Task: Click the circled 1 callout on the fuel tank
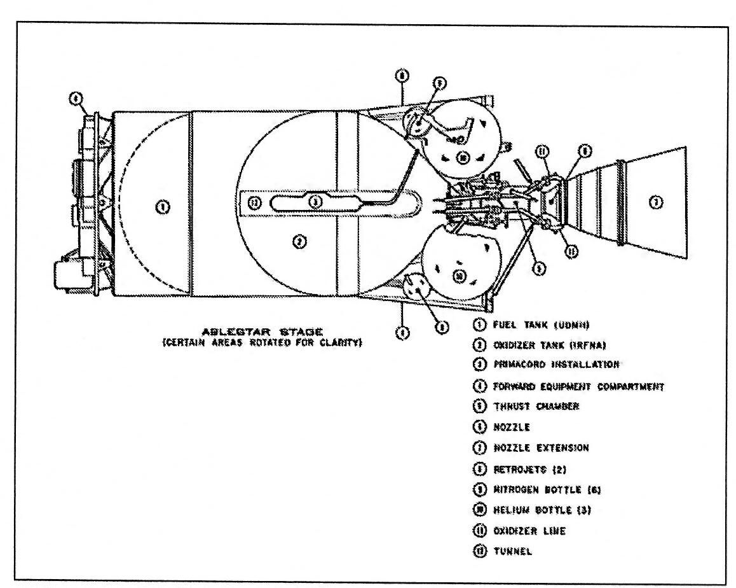(163, 206)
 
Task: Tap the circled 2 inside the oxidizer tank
(297, 242)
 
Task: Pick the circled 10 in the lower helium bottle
(459, 276)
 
